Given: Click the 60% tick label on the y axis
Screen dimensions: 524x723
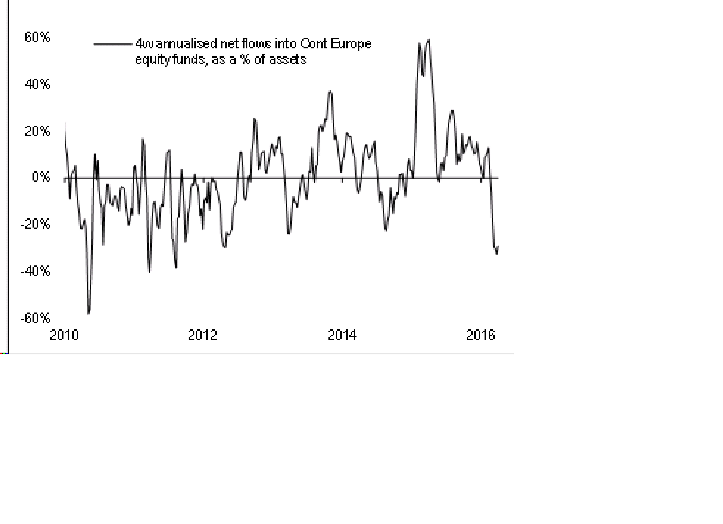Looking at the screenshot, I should pyautogui.click(x=37, y=37).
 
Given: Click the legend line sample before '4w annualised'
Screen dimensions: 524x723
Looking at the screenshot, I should pyautogui.click(x=113, y=44).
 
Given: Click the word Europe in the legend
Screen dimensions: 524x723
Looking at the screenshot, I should pyautogui.click(x=351, y=44).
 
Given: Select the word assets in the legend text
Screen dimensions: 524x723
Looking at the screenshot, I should pyautogui.click(x=288, y=60).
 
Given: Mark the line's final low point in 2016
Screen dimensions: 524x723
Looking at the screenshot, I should pyautogui.click(x=496, y=254).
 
